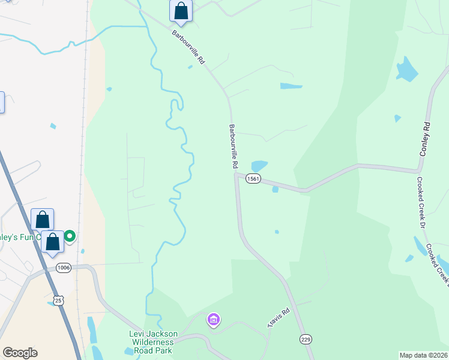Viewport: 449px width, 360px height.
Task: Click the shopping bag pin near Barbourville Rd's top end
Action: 181,11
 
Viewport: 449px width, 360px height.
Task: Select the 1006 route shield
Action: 64,268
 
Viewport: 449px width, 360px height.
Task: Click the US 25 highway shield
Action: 58,300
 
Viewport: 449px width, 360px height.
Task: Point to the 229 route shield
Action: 306,340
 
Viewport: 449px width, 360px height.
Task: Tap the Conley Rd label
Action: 426,140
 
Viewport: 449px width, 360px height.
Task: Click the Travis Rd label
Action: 279,318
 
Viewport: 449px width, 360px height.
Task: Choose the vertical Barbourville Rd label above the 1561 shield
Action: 234,146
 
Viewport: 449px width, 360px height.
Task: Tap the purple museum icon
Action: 213,320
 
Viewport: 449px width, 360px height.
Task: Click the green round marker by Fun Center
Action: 70,236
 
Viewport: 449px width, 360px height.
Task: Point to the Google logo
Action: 20,353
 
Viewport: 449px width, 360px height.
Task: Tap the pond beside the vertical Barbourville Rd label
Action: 259,166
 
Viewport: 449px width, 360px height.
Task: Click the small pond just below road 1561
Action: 275,190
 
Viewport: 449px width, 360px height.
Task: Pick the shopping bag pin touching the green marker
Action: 53,241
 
